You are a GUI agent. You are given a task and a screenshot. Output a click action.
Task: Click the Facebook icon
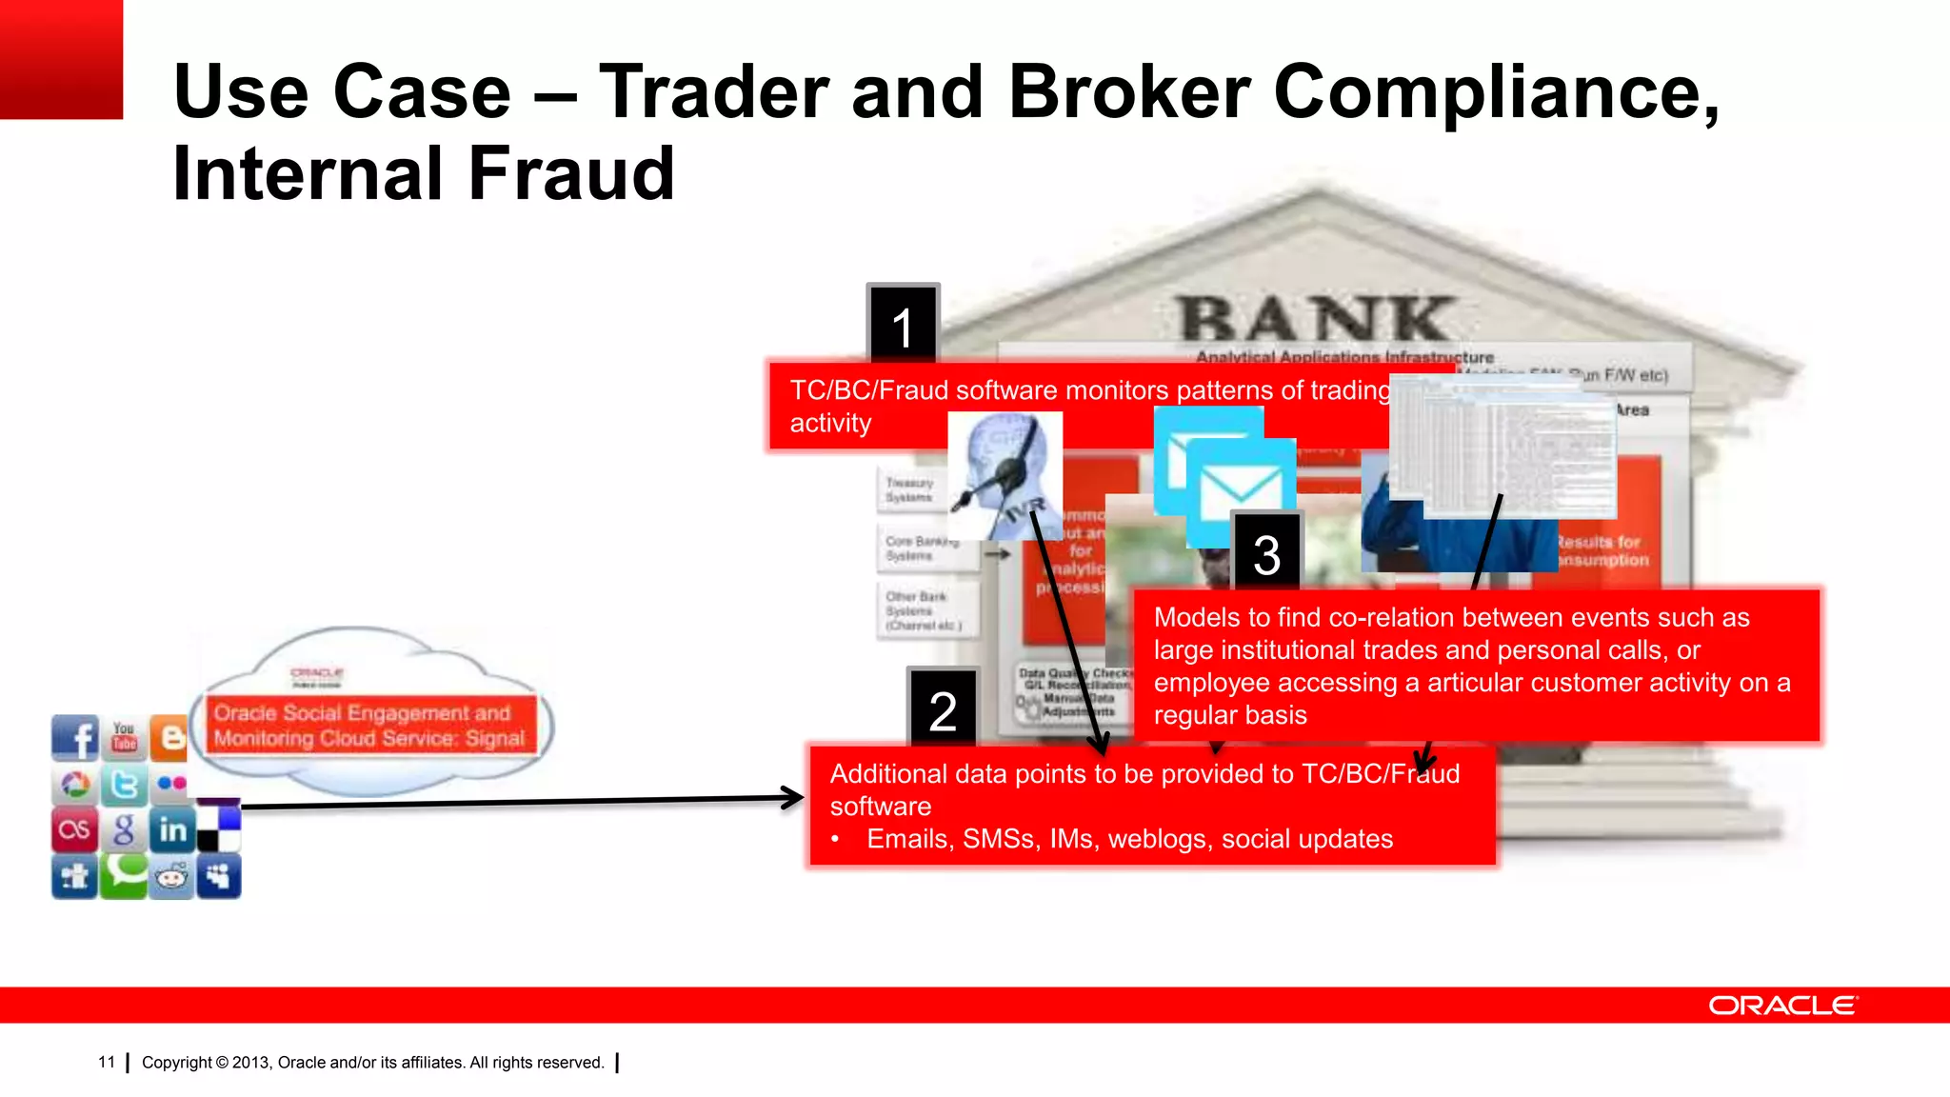point(75,738)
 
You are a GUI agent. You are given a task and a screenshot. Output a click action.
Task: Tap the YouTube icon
point(124,737)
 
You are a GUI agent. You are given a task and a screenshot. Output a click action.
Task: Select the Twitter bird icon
point(124,785)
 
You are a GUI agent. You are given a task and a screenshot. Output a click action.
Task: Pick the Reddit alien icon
point(172,877)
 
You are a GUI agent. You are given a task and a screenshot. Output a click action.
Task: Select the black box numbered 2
point(943,709)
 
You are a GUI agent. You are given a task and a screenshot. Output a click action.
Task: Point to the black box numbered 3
point(1266,553)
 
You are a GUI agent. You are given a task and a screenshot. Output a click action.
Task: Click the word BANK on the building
point(1317,318)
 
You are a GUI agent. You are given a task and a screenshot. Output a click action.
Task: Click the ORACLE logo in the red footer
point(1781,1006)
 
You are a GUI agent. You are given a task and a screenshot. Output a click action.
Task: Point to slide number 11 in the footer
point(107,1062)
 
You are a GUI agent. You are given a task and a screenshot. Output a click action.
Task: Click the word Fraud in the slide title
point(570,173)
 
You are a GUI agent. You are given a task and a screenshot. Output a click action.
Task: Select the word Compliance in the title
point(1495,91)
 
